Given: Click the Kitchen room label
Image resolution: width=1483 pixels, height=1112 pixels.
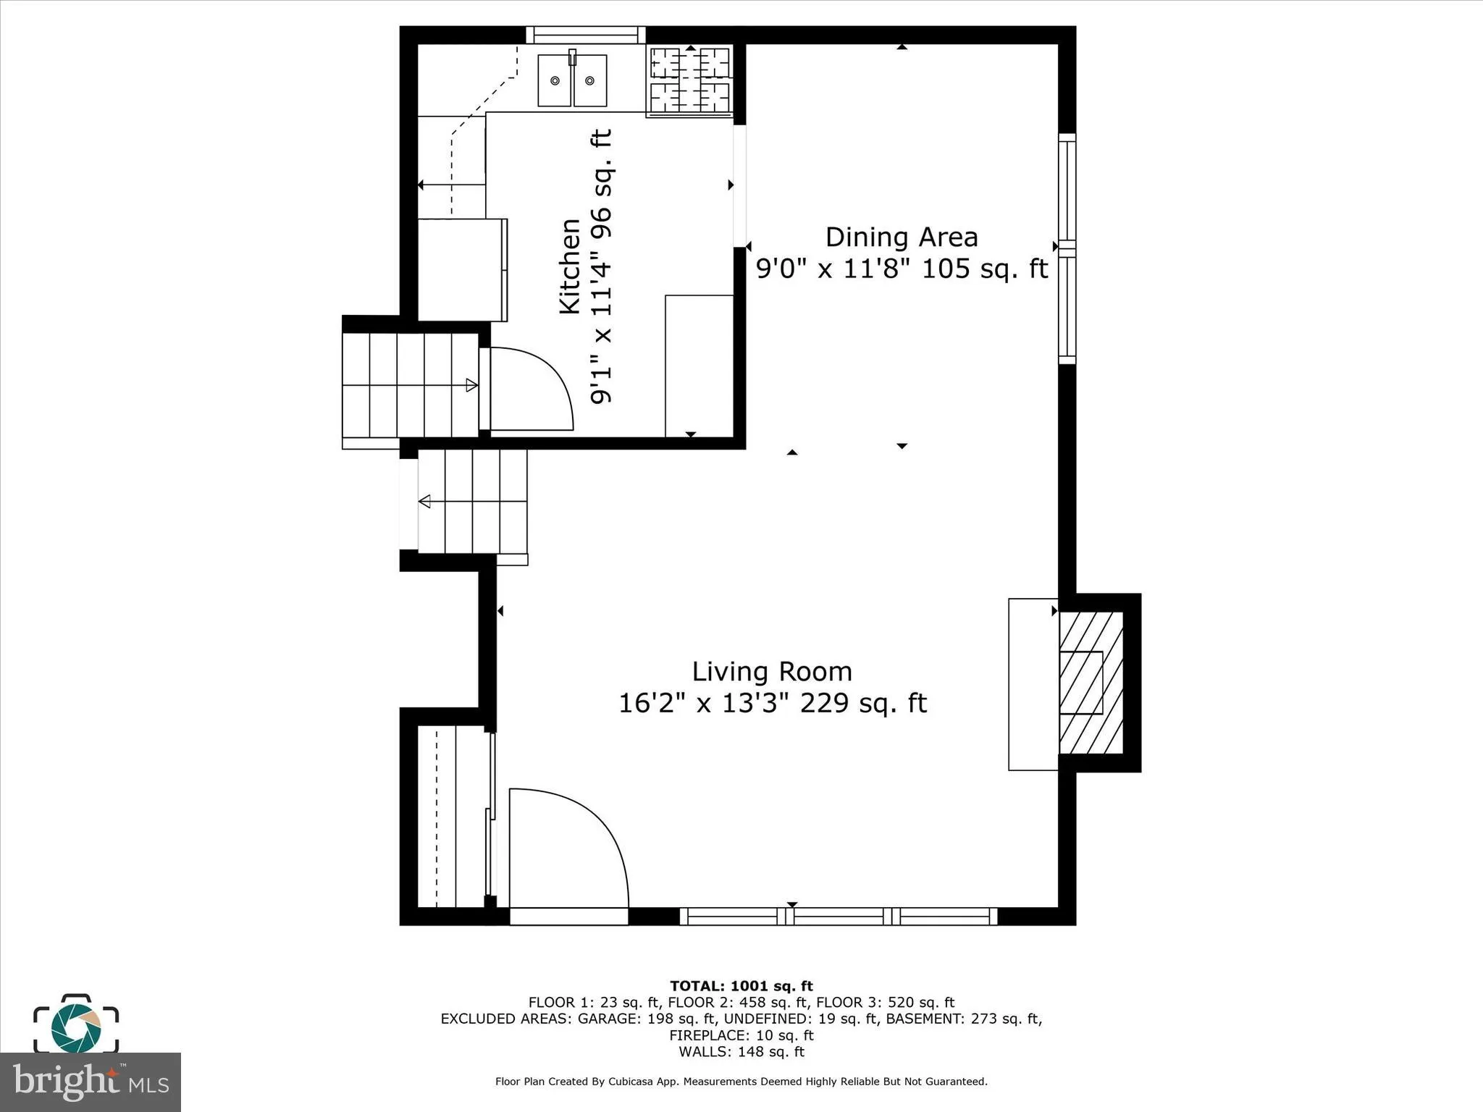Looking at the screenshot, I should tap(570, 266).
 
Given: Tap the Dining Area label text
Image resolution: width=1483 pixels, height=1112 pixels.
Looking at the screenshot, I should tap(902, 237).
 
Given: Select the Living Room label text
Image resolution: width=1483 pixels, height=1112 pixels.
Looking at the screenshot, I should tap(772, 672).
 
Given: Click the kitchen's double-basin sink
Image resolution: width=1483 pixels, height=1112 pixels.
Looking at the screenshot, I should tap(572, 80).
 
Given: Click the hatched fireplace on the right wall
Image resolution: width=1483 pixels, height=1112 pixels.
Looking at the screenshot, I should tap(1091, 683).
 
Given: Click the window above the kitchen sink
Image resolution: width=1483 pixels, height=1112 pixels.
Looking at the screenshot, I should tap(585, 35).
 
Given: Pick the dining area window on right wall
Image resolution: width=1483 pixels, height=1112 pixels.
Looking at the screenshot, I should tap(1067, 248).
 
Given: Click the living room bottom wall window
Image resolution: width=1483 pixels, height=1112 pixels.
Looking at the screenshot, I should tap(839, 916).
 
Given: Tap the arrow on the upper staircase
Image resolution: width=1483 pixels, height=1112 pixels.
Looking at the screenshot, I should tap(471, 385).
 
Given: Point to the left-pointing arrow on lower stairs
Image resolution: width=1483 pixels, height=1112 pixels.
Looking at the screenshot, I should tap(425, 501).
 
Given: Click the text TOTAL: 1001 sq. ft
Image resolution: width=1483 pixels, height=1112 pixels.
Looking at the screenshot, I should tap(741, 986).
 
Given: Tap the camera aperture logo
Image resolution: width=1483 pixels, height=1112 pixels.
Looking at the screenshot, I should tap(75, 1028).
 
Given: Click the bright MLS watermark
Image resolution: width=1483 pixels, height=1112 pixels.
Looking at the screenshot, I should tap(90, 1082).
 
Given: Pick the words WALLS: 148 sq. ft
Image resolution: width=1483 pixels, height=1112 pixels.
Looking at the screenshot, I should tap(741, 1052).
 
